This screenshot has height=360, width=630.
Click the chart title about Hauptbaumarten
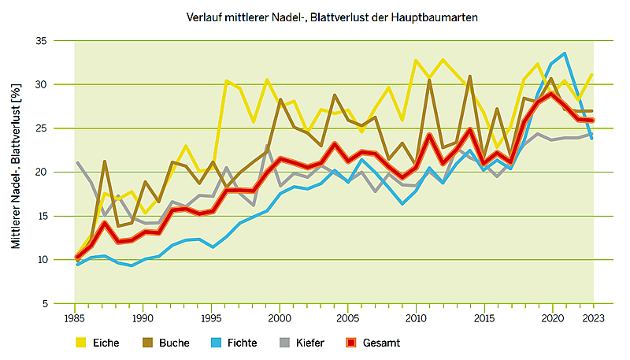[333, 17]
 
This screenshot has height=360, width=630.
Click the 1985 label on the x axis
[76, 318]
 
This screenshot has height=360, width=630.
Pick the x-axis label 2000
[279, 318]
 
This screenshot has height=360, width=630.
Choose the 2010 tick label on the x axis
[415, 318]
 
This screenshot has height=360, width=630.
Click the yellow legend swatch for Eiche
[80, 343]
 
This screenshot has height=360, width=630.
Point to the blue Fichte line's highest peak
[565, 54]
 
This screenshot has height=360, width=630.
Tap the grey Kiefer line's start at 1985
[76, 163]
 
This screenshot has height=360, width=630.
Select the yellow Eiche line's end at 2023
[591, 75]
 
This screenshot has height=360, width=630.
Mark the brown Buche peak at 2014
[469, 76]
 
